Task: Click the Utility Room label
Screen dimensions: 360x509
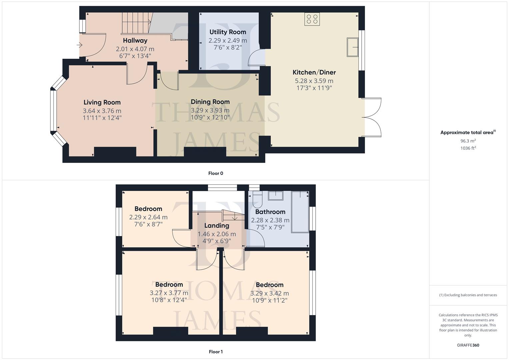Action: click(228, 32)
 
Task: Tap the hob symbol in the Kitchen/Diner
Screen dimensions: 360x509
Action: click(312, 19)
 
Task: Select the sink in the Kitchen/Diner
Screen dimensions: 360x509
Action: click(352, 47)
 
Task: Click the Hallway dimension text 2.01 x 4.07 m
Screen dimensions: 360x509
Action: click(135, 49)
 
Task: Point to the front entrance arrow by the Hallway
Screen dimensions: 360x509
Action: click(80, 45)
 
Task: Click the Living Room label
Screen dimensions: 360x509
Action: click(102, 102)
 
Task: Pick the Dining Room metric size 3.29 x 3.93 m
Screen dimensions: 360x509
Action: click(210, 110)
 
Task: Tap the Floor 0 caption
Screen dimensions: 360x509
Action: click(216, 173)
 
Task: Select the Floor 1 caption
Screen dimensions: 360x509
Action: click(216, 352)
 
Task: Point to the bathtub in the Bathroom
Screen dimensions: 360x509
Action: click(300, 212)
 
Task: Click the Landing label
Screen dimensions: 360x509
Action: click(217, 226)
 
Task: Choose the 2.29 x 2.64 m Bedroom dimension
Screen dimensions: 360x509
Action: click(148, 217)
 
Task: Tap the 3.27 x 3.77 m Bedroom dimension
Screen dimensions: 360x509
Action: click(169, 293)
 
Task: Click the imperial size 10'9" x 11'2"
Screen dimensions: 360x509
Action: click(270, 300)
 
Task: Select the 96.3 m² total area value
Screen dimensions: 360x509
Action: click(468, 141)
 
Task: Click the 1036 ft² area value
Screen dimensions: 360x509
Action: click(468, 148)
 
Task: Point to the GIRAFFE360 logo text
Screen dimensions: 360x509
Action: click(468, 345)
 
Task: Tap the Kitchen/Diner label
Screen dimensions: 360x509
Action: click(314, 72)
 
